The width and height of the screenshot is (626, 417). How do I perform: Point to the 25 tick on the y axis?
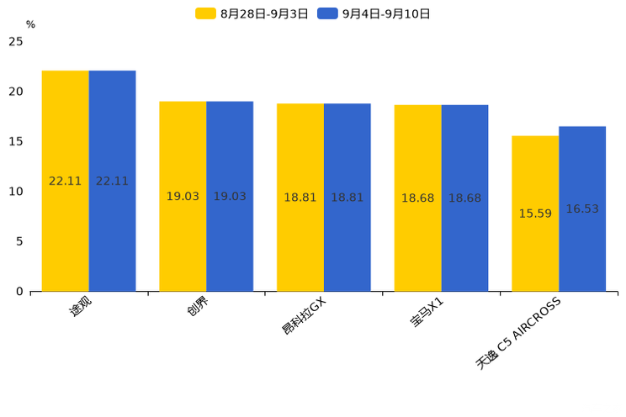[16, 41]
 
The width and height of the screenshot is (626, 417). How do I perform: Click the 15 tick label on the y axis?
[16, 141]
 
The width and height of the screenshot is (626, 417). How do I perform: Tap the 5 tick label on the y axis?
[19, 241]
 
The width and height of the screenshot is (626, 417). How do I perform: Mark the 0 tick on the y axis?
[19, 291]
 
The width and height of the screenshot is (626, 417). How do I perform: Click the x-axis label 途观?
[80, 309]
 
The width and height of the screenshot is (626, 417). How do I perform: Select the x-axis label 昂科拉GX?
[303, 315]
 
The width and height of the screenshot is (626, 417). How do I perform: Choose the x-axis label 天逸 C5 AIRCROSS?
[518, 333]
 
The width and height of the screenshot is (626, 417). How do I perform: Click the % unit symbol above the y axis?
[30, 24]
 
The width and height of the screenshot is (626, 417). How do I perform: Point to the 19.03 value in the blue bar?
[230, 196]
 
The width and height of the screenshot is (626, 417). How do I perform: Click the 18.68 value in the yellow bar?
[417, 198]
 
